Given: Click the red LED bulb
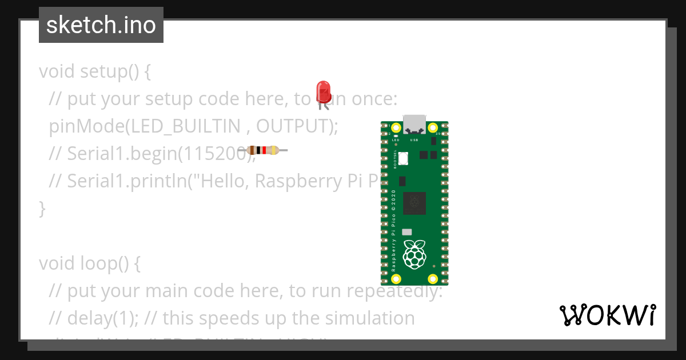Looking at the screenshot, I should coord(324,91).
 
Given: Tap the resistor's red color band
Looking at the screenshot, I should coord(264,151).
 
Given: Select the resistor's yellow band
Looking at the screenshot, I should coord(274,151).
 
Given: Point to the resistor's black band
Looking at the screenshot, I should coord(258,151).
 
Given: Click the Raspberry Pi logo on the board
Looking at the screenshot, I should coord(414,254).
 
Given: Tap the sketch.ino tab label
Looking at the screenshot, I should coord(101,25).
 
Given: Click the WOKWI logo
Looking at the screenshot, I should coord(607,315).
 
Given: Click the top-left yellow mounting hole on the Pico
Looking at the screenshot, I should coord(396,127).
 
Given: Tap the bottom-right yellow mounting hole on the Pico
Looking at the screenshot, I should coord(433,279).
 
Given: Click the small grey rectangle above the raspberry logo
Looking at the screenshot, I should coord(407,232).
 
